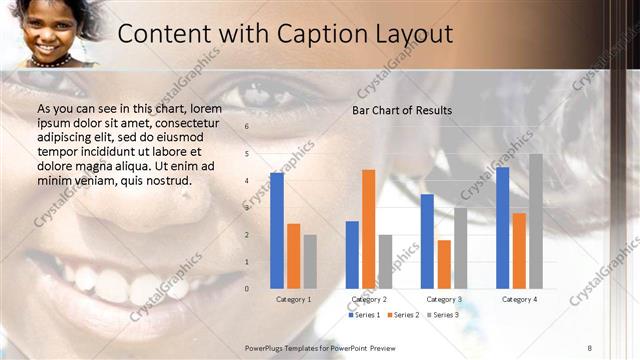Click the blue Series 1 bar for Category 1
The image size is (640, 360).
277,231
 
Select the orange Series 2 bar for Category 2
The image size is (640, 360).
368,229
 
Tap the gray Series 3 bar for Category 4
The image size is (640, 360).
536,221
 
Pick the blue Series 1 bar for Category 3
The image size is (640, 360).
427,241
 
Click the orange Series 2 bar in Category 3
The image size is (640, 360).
444,264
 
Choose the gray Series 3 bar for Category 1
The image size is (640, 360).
310,261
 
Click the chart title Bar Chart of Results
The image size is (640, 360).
402,110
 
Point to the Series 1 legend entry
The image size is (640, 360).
364,315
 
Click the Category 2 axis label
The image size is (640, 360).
369,299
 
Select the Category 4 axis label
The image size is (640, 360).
519,299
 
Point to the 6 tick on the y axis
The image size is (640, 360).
247,127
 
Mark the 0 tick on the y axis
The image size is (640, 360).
247,289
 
